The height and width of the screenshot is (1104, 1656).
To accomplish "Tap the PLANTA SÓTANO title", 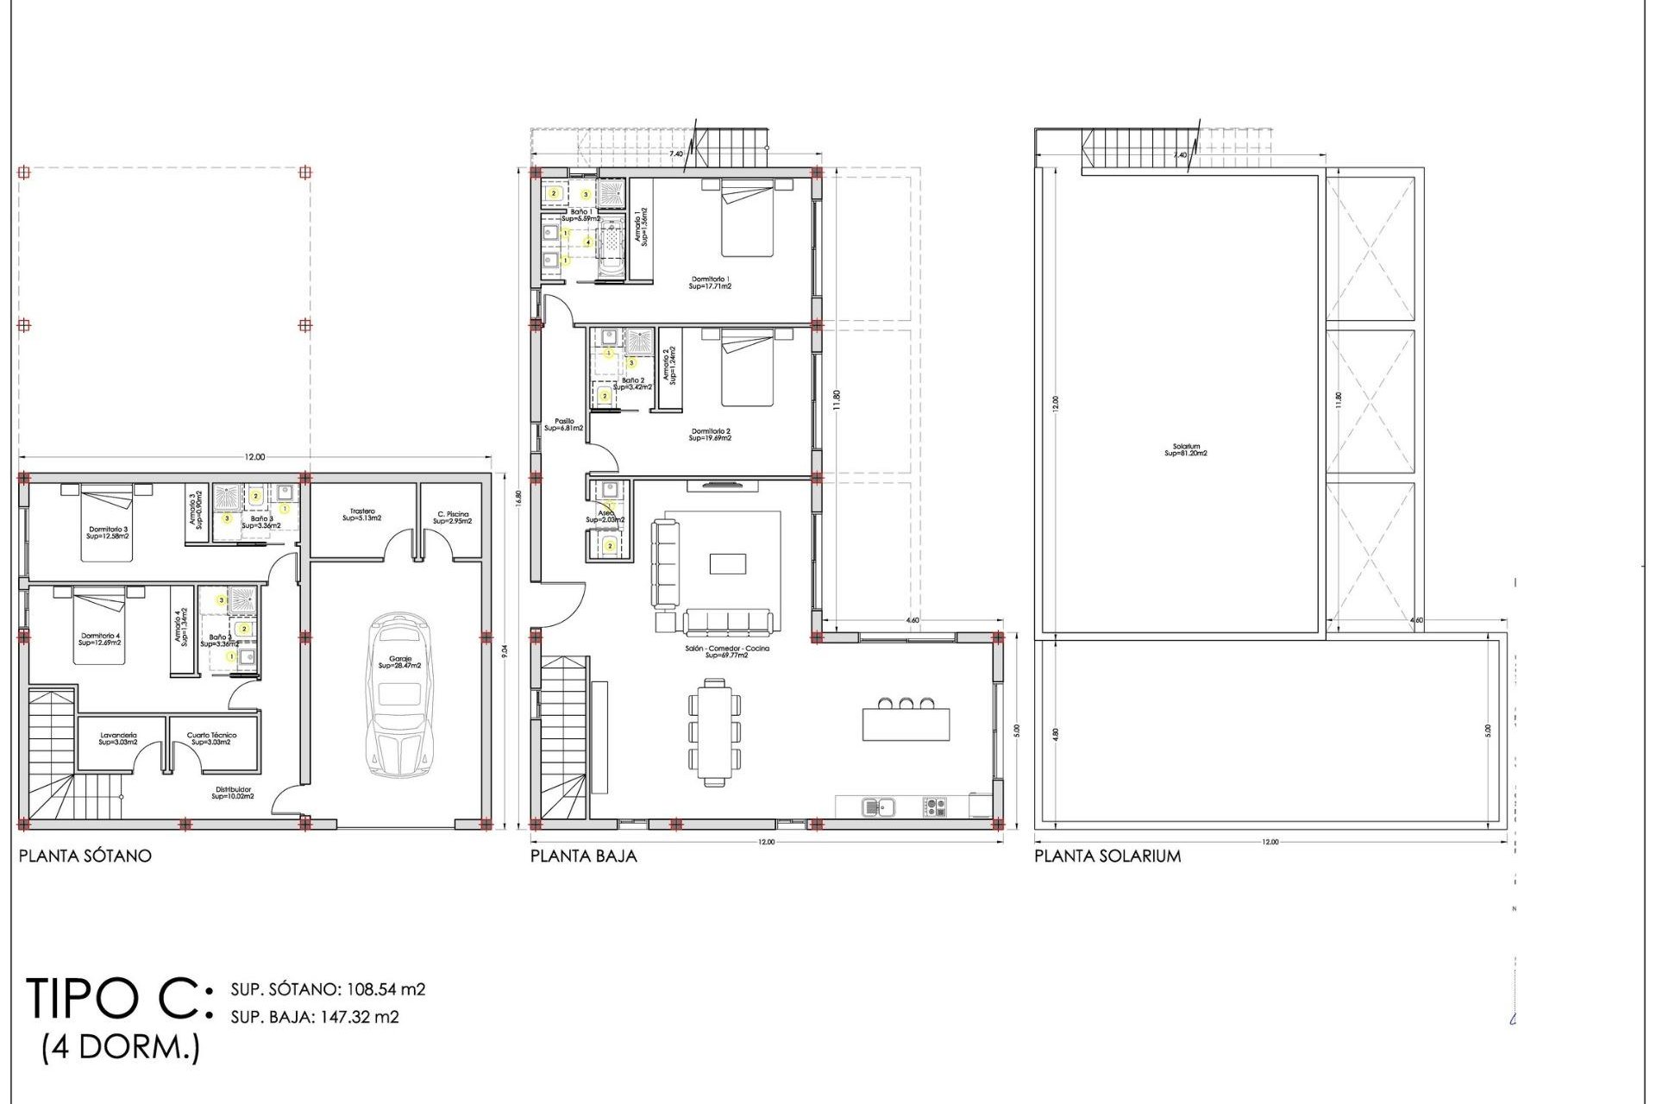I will pyautogui.click(x=85, y=856).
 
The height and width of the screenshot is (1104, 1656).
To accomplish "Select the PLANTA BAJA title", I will pyautogui.click(x=584, y=856).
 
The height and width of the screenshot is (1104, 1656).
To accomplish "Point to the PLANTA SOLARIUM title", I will pyautogui.click(x=1107, y=856).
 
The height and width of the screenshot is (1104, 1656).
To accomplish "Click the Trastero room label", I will pyautogui.click(x=362, y=515).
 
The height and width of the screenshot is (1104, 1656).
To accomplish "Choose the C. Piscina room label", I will pyautogui.click(x=453, y=517).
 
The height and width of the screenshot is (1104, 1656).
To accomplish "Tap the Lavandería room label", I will pyautogui.click(x=118, y=738).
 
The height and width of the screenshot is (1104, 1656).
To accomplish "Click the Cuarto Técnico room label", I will pyautogui.click(x=211, y=738).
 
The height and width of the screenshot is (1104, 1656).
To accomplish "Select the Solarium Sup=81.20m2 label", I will pyautogui.click(x=1186, y=450).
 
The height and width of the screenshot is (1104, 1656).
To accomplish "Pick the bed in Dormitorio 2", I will pyautogui.click(x=747, y=368).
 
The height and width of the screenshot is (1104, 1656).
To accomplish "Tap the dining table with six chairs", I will pyautogui.click(x=714, y=731).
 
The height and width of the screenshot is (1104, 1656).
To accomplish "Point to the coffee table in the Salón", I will pyautogui.click(x=728, y=563).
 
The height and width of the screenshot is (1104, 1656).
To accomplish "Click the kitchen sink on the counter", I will pyautogui.click(x=879, y=807).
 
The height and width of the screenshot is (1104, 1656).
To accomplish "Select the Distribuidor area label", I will pyautogui.click(x=233, y=793).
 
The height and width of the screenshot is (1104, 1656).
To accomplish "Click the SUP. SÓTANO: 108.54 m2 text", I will pyautogui.click(x=328, y=989).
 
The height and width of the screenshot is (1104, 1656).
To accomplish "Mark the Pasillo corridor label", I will pyautogui.click(x=564, y=424).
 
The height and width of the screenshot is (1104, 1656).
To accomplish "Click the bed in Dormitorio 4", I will pyautogui.click(x=99, y=626).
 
